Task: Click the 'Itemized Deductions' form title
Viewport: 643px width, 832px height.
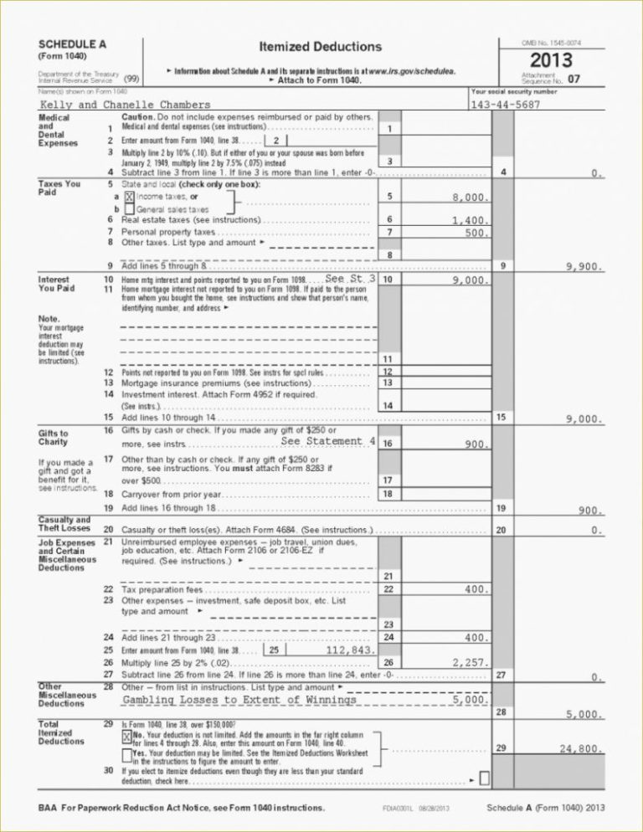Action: click(x=321, y=47)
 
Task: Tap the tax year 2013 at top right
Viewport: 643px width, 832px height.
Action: click(x=550, y=60)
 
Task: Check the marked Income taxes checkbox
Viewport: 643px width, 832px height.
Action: click(x=130, y=196)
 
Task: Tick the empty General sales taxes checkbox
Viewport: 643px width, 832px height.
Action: click(x=130, y=208)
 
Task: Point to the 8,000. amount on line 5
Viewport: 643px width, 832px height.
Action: click(x=470, y=198)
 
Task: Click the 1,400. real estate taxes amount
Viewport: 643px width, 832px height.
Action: click(x=470, y=221)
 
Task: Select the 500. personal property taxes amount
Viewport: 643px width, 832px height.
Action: click(x=476, y=233)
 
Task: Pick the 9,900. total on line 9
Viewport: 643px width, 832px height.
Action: click(x=584, y=267)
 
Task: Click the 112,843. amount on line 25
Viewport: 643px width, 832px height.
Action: click(x=347, y=650)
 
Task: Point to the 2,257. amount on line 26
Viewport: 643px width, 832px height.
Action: click(x=470, y=663)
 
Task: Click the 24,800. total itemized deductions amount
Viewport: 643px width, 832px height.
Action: click(x=580, y=749)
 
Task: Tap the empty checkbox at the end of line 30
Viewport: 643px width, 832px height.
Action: click(x=485, y=779)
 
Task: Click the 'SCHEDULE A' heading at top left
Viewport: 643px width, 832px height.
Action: click(x=72, y=44)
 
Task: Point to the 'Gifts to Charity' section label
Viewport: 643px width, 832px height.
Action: click(x=54, y=438)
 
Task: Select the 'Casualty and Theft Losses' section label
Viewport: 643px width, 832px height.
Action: click(x=64, y=525)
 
